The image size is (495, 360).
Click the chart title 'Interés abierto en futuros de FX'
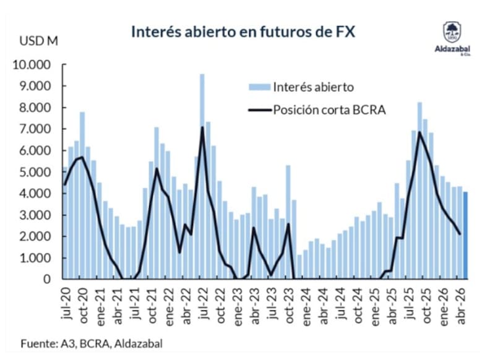pos(243,32)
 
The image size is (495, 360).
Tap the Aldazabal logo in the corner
pos(452,38)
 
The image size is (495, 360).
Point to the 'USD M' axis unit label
pos(39,41)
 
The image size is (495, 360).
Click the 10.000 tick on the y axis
pos(32,65)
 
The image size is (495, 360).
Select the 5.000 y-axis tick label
pos(34,173)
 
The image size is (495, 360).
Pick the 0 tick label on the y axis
pos(47,279)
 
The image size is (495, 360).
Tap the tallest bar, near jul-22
pos(202,176)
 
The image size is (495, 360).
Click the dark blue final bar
pos(465,236)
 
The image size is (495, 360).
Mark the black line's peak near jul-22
pos(202,127)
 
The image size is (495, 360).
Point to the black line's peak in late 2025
pos(420,132)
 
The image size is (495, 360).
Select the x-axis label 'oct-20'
pos(83,305)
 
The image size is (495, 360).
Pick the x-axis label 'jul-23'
pos(272,303)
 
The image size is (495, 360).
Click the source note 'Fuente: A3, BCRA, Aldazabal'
pos(92,343)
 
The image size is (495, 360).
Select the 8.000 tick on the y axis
pos(34,108)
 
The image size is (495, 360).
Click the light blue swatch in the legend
pos(259,87)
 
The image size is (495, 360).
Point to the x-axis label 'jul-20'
pos(66,303)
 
